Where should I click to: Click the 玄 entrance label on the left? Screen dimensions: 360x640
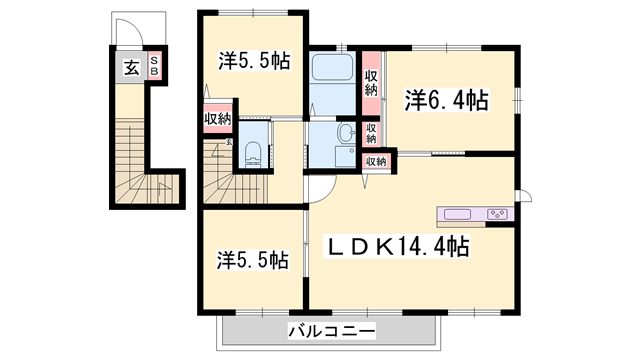131,68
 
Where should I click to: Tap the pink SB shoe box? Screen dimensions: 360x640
155,68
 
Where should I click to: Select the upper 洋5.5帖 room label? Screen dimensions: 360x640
254,61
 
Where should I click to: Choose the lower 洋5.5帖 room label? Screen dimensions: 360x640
254,260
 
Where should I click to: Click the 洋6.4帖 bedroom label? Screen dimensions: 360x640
446,100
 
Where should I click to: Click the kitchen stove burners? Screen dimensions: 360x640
498,214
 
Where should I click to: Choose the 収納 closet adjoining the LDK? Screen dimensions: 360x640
375,161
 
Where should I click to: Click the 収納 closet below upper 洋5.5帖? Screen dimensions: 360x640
218,119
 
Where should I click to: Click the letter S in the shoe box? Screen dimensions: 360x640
154,61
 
